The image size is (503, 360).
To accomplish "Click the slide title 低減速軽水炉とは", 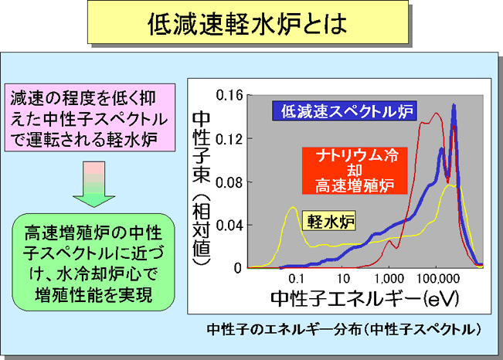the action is [x=247, y=23].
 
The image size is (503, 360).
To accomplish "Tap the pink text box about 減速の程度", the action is [x=90, y=117].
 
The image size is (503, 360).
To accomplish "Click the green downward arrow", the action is [x=93, y=184].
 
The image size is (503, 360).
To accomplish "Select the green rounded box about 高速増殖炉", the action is [x=93, y=262].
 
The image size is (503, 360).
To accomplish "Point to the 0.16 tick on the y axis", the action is [x=229, y=95].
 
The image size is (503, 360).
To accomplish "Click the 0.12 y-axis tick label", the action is [x=229, y=139].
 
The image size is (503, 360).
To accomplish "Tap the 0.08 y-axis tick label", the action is [x=229, y=182].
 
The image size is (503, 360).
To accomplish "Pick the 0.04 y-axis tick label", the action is [x=229, y=226].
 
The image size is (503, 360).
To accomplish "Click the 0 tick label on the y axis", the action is [x=238, y=268].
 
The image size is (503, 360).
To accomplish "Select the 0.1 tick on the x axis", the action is [x=296, y=279].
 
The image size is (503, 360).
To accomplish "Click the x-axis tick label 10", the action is [x=343, y=279].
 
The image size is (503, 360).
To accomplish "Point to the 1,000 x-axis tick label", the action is [x=389, y=279].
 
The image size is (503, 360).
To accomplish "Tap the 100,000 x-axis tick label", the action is [x=438, y=279].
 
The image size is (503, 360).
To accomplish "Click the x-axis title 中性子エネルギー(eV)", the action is [x=365, y=298].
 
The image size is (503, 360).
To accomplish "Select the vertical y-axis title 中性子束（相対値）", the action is [x=201, y=188].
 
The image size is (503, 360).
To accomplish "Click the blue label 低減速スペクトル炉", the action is [x=345, y=111].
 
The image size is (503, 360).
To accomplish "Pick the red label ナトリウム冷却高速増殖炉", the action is [x=355, y=171].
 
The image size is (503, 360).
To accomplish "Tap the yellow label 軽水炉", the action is [x=329, y=221].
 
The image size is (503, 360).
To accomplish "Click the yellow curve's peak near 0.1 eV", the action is [x=293, y=207].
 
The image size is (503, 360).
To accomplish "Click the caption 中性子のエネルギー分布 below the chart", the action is [x=344, y=330].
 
